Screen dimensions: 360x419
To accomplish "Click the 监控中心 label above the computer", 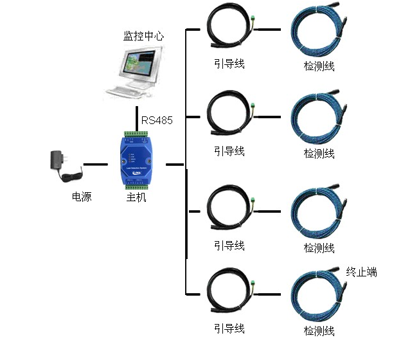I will point(143,36).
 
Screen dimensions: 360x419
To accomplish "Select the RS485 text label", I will point(157,120).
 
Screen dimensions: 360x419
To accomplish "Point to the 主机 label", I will point(136,197).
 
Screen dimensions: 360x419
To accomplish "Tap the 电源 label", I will point(82,197).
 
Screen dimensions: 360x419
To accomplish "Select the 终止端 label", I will point(361,272).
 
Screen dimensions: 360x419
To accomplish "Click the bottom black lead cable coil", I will point(228,295).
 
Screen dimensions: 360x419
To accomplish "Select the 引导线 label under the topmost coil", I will point(229,64).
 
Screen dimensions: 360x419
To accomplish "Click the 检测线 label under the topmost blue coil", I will point(319,66).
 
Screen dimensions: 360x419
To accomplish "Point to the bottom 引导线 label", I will point(229,328).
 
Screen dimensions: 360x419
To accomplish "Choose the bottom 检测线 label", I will point(319,331).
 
